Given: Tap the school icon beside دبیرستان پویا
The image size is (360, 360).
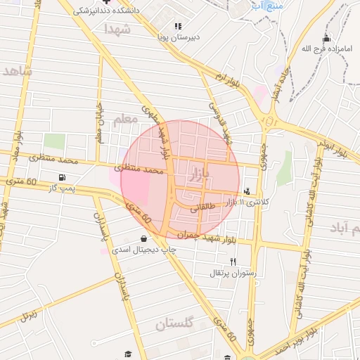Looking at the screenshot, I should [178, 26].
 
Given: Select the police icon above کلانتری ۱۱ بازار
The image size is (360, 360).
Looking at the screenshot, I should [246, 191].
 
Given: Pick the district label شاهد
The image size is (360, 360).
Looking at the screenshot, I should [18, 71].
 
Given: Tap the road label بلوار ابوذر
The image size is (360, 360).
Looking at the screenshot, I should [326, 148].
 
